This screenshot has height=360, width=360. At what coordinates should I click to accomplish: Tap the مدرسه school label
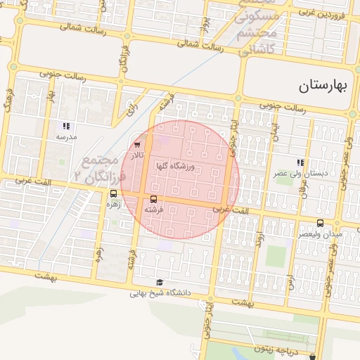66,136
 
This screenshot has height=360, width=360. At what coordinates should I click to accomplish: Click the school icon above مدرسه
66,126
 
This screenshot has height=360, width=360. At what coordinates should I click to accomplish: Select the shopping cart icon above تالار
137,145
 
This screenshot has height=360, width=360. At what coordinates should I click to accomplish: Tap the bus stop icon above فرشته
154,199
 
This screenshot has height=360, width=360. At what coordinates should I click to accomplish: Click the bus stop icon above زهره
114,193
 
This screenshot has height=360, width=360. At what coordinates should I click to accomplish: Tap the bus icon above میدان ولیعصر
321,223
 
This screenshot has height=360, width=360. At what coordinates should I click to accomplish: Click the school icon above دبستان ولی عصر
300,162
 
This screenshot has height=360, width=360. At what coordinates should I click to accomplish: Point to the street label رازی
131,108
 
